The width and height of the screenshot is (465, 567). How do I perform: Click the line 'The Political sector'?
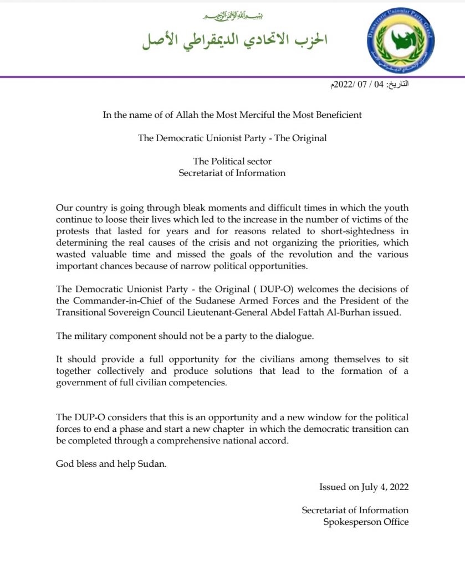(232, 161)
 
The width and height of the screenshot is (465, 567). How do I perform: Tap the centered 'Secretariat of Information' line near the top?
(232, 173)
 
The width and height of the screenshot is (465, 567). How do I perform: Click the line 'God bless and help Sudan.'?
(111, 463)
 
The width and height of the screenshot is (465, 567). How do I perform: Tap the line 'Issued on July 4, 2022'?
(364, 487)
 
